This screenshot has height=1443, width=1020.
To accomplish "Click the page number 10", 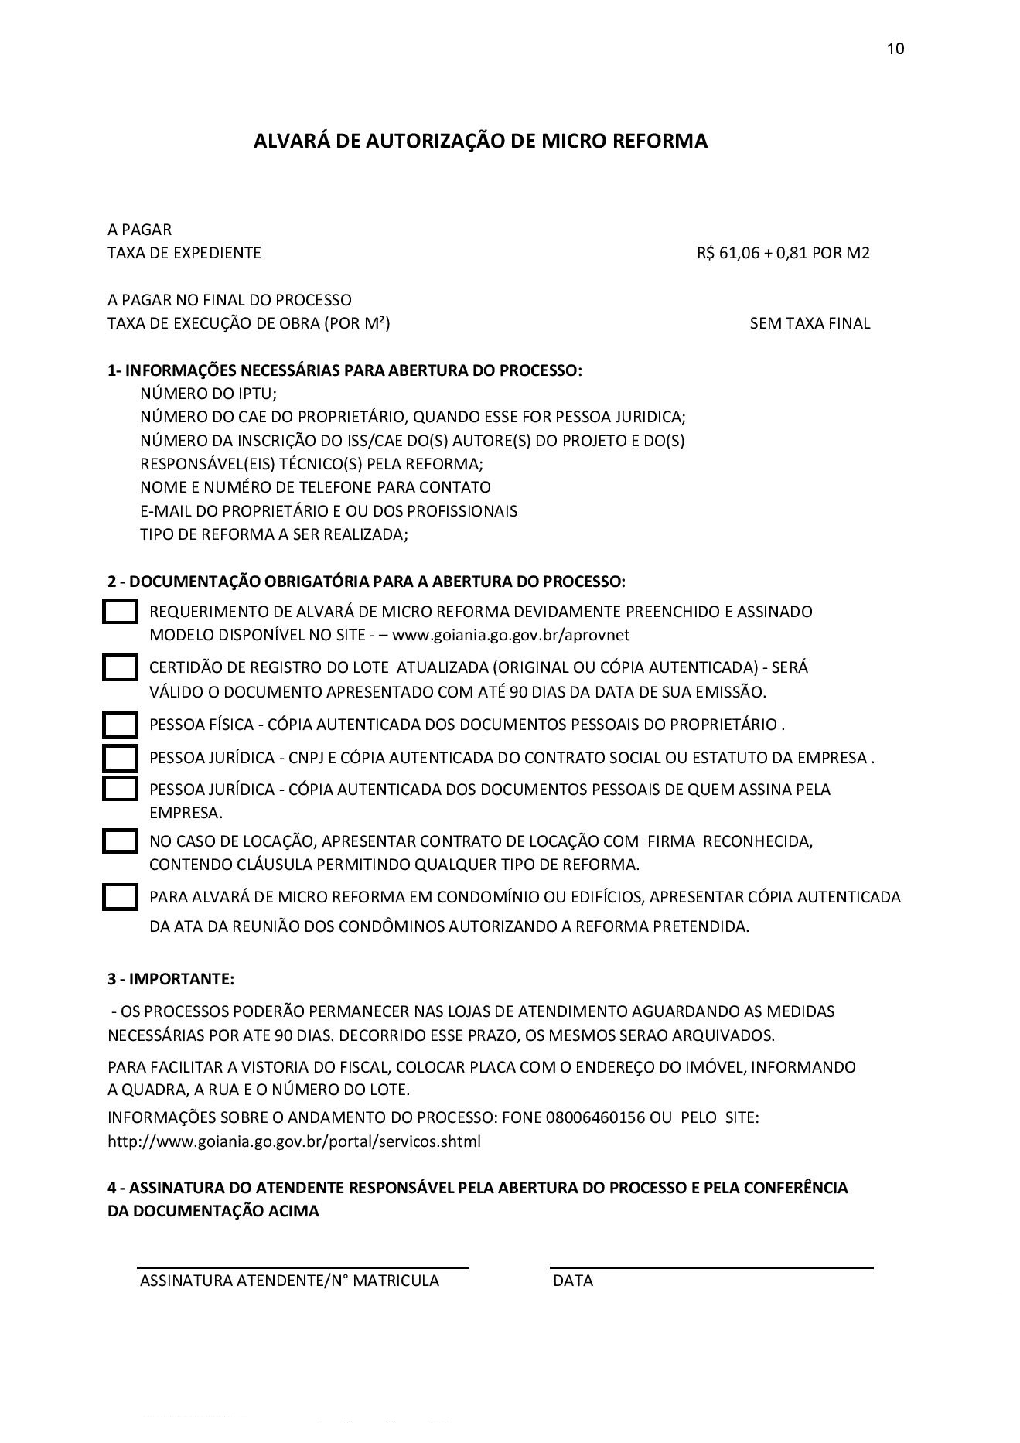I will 895,49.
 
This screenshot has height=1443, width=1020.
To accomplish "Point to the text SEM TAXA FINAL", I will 810,323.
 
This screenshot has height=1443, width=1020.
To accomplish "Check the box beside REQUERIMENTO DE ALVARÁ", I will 120,612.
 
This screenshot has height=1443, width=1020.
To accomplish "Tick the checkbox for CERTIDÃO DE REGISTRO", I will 120,667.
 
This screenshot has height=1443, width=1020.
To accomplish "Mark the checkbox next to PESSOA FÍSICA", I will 120,725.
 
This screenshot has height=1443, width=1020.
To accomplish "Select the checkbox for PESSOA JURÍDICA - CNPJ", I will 120,757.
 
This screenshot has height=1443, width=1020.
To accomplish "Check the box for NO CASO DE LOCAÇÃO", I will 120,841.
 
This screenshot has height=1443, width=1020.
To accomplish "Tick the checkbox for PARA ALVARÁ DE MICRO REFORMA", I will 120,897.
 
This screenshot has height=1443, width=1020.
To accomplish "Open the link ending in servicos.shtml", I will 294,1141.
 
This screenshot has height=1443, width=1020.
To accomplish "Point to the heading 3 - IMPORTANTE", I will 170,979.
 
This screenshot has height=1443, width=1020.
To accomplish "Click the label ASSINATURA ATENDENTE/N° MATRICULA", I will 289,1281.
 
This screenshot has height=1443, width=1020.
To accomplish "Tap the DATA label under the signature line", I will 573,1281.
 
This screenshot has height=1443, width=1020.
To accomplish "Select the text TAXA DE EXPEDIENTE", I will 184,253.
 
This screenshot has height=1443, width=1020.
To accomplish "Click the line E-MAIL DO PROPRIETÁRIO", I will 329,511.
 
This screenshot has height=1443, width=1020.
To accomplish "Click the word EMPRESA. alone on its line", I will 186,813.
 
